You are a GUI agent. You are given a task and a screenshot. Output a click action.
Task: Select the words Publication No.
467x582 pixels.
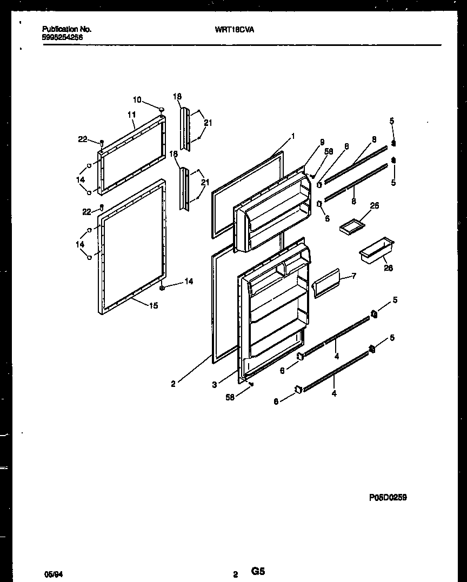coord(66,30)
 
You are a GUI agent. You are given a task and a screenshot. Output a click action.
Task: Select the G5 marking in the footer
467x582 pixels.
coord(258,571)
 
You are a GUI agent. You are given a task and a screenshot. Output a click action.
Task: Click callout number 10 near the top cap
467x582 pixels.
coord(137,99)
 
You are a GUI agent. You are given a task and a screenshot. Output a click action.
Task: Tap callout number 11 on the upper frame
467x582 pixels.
coord(131,115)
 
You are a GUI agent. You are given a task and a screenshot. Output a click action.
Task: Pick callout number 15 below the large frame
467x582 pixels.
coord(154,306)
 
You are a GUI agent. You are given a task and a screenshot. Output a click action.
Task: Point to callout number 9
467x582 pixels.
coord(322,142)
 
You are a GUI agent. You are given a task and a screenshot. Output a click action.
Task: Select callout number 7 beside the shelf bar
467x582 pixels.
coord(353,276)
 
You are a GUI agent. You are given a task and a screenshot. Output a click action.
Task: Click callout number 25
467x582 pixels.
coord(375,206)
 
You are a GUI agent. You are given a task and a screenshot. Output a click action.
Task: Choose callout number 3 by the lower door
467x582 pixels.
coord(215,385)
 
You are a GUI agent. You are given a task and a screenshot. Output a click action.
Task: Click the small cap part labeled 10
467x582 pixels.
coord(162,110)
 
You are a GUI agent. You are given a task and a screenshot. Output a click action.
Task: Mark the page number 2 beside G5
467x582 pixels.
coord(235,575)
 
